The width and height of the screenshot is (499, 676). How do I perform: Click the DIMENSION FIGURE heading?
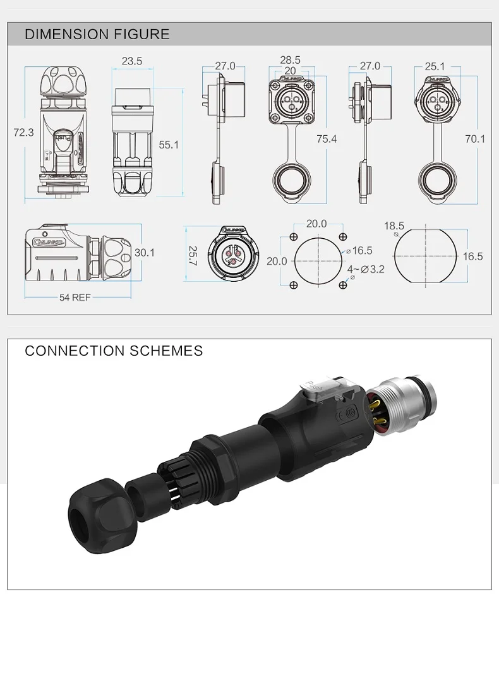(97, 34)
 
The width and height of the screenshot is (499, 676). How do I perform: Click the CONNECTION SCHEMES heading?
(114, 351)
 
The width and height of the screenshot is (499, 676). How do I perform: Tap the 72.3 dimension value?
(23, 132)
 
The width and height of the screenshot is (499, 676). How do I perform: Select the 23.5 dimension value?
(132, 61)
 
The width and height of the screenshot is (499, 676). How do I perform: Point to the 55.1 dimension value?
(169, 145)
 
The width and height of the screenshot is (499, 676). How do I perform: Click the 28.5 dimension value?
(290, 60)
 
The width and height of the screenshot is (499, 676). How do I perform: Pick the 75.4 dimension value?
(327, 138)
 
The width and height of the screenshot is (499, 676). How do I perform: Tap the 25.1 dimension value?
(435, 66)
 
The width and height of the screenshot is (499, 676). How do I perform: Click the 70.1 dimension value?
(474, 138)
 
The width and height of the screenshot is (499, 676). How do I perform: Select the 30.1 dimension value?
(144, 252)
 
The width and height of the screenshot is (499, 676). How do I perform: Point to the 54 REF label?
(75, 298)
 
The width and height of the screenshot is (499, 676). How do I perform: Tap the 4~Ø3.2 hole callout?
(366, 269)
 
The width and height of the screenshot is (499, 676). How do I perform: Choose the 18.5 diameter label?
(394, 226)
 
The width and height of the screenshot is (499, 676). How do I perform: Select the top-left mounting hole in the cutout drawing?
(294, 236)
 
